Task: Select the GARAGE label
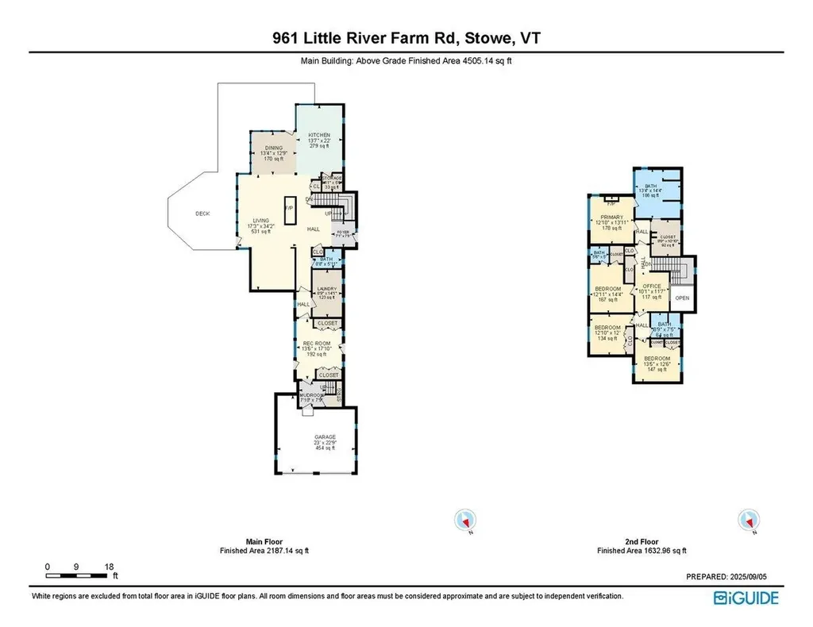(x=325, y=437)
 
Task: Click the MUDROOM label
(x=310, y=394)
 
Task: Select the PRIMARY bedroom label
(x=611, y=217)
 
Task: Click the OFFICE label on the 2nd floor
(x=652, y=287)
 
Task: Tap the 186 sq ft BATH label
(x=651, y=186)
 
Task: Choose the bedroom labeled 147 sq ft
(x=656, y=359)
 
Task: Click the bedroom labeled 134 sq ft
(x=608, y=327)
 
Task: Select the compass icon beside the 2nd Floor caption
(x=746, y=520)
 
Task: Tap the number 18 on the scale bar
(x=109, y=566)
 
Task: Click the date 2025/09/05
(x=753, y=576)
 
